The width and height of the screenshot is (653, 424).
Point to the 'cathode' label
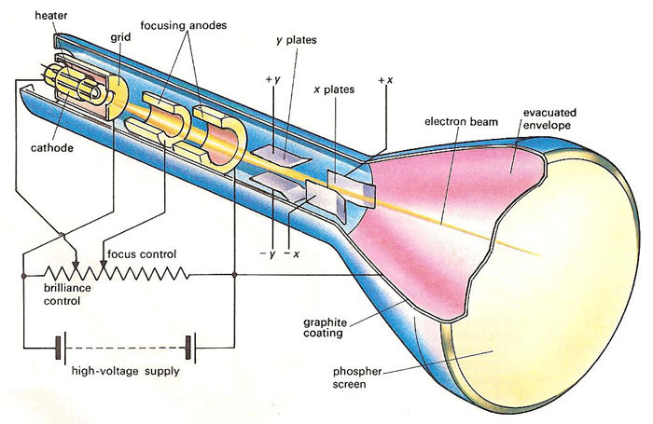point(50,146)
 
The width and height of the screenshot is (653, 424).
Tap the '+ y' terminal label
point(272,81)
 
